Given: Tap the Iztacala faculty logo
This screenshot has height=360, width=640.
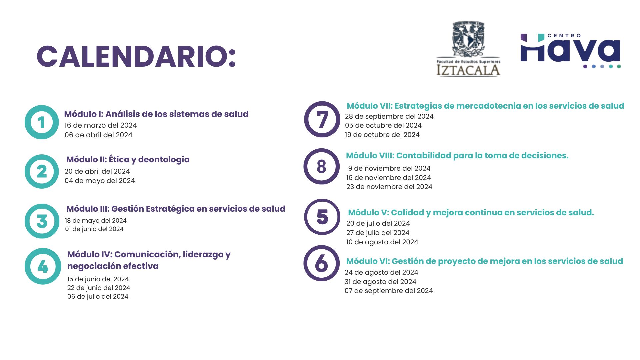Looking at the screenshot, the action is pos(468,49).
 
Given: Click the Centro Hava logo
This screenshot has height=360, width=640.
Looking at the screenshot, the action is pos(570,51).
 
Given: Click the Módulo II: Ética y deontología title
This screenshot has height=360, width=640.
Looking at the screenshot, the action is pos(128,160).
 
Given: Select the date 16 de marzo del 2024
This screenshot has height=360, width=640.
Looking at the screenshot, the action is pos(101,125).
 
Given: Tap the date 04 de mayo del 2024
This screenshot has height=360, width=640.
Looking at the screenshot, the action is pos(100,181).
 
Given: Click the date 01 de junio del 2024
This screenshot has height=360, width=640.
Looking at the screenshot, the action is pos(94,229).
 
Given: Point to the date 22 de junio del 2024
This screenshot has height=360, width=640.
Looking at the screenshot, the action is pos(99,288).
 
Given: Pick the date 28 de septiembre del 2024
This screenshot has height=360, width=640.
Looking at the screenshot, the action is pos(389,116).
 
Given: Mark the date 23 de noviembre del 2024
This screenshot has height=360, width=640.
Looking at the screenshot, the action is pos(389,187).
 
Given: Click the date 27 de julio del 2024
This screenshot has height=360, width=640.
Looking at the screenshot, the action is pos(378,233).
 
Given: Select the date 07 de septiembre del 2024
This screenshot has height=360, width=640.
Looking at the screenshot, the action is pos(389,291).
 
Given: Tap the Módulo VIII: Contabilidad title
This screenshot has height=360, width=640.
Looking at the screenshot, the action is pos(457,156).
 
